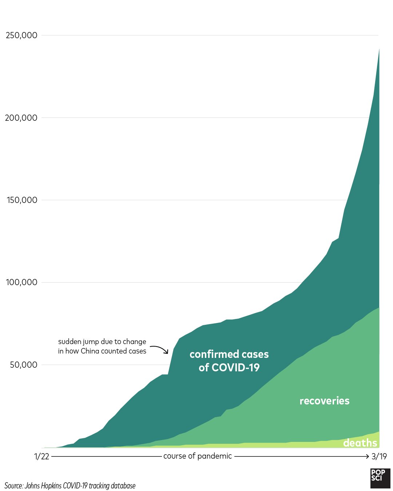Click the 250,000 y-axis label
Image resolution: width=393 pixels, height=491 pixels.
pyautogui.click(x=21, y=35)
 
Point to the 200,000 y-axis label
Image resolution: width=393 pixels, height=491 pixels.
pyautogui.click(x=21, y=118)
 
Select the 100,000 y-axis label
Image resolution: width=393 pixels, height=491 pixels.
pyautogui.click(x=22, y=282)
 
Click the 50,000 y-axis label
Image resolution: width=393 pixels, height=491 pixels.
pyautogui.click(x=24, y=365)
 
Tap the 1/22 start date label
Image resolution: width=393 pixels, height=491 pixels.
pyautogui.click(x=41, y=456)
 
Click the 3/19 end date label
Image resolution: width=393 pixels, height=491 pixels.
pyautogui.click(x=379, y=456)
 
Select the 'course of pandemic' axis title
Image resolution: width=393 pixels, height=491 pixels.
pyautogui.click(x=197, y=456)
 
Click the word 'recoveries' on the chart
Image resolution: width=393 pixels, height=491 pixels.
pyautogui.click(x=324, y=401)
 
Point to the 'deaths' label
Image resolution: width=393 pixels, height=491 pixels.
pyautogui.click(x=360, y=443)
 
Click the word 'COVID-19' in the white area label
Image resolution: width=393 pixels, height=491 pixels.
pyautogui.click(x=235, y=368)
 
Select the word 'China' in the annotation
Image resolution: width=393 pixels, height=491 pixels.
pyautogui.click(x=90, y=351)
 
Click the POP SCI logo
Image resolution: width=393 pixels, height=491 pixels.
pyautogui.click(x=380, y=478)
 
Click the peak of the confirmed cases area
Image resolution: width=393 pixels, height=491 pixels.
pyautogui.click(x=379, y=49)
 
